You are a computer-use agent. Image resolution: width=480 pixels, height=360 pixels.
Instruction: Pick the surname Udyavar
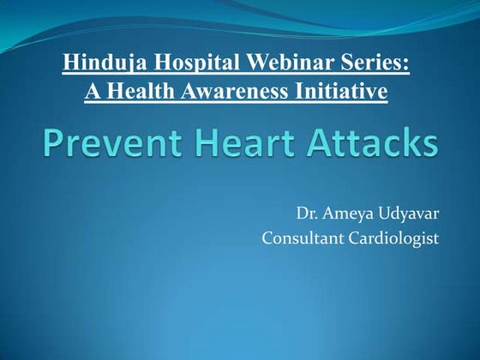411,213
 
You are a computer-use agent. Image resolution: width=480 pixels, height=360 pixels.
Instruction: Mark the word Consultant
301,237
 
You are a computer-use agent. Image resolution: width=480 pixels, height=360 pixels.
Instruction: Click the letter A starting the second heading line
92,90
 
